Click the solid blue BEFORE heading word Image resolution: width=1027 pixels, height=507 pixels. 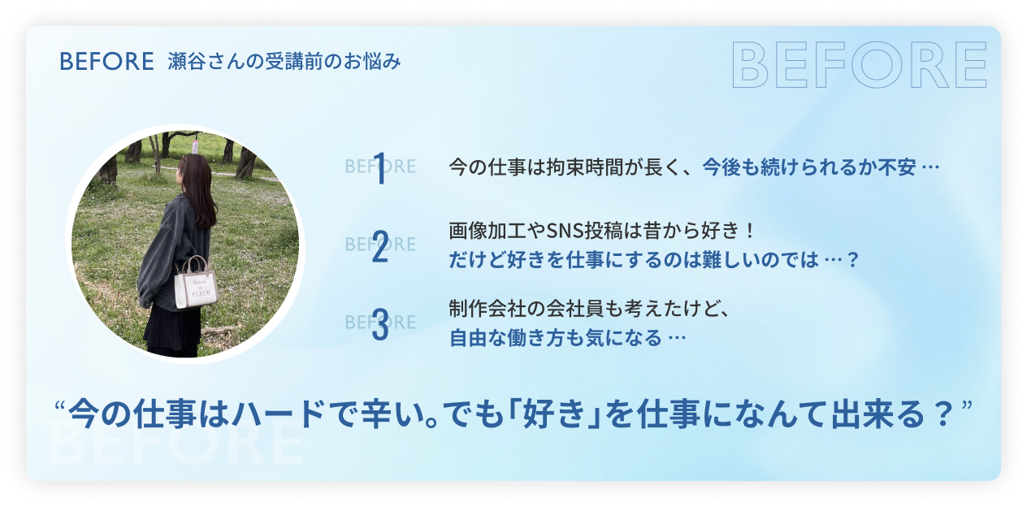click(106, 62)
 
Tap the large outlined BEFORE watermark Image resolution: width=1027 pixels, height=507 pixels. click(860, 65)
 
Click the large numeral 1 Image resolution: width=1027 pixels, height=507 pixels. click(379, 169)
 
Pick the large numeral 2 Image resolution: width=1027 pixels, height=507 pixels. click(380, 247)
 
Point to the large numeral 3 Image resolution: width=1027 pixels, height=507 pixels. click(380, 324)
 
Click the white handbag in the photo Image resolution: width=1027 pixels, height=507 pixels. click(196, 284)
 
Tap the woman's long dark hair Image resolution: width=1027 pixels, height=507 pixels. click(199, 188)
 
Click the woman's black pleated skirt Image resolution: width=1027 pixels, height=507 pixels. click(173, 330)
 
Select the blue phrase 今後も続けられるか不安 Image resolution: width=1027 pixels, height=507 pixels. click(809, 167)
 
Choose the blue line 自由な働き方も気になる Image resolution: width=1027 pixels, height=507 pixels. click(556, 338)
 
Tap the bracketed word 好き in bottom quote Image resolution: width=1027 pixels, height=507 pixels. click(555, 414)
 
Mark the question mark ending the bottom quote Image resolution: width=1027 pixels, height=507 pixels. click(944, 414)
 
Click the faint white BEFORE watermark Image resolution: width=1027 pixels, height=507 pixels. click(175, 442)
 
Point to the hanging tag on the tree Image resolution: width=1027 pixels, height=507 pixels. click(195, 146)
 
